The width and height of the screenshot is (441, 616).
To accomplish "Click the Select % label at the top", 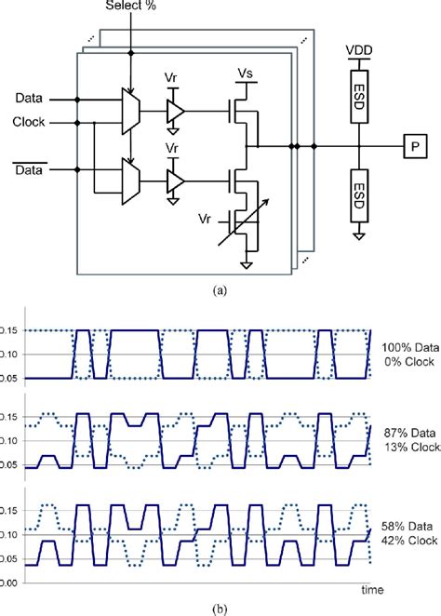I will coord(135,7).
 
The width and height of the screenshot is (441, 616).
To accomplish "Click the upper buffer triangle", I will coord(174,112).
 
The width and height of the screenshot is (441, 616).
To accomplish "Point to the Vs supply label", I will coord(246,72).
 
